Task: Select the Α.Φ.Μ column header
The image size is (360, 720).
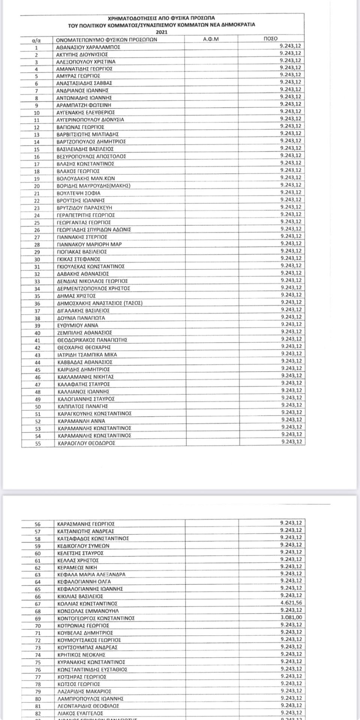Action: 211,39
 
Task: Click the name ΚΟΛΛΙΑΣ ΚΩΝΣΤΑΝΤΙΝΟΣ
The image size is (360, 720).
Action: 87,604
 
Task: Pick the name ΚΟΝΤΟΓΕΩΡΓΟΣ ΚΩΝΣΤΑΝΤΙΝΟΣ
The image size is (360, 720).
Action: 96,618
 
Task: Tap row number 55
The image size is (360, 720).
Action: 37,444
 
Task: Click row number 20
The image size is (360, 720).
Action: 37,186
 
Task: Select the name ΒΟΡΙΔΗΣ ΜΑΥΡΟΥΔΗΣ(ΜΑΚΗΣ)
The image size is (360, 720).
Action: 93,186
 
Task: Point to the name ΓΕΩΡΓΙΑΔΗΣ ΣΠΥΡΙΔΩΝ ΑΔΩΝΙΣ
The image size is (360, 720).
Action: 93,229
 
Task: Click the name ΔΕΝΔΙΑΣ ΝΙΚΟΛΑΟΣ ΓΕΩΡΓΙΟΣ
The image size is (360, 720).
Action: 92,281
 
